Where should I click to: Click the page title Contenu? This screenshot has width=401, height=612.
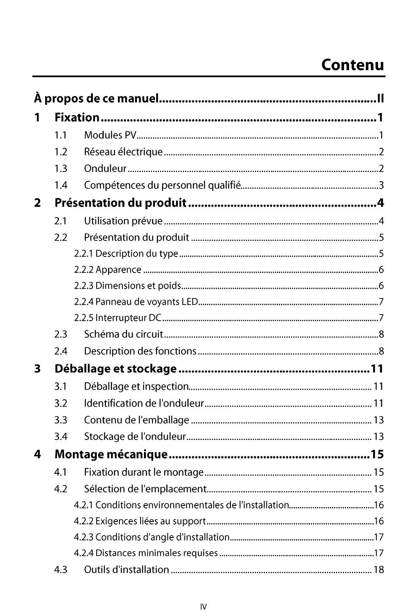pos(352,65)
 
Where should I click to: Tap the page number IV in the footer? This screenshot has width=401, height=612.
pos(203,607)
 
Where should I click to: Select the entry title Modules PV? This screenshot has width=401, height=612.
pos(110,135)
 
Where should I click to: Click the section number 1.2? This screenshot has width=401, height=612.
pos(61,152)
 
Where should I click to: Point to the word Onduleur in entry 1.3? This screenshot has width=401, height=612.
pos(105,169)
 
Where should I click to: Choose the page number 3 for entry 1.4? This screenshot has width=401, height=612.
pos(381,186)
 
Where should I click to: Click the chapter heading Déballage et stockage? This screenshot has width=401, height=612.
pos(116,369)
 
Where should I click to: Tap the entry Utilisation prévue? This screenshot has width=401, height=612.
pos(123,221)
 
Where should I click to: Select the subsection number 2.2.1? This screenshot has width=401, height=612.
pos(84,254)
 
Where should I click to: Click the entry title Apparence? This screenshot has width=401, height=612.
pos(118,270)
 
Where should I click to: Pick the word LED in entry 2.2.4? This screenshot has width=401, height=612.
pos(190,302)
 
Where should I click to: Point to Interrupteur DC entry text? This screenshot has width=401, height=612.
pos(128,318)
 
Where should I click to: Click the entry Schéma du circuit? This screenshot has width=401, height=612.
pos(123,334)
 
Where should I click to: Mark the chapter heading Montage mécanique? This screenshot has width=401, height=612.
pos(111,454)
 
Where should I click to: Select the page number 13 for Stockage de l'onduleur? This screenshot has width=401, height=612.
pos(379,437)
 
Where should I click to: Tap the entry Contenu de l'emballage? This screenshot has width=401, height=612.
pos(136,420)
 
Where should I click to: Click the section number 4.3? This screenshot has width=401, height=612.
pos(61,570)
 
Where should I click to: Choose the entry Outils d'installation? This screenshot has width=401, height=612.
pos(126,570)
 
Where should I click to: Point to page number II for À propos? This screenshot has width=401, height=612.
pos(380,99)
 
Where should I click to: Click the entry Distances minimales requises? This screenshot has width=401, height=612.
pos(157,553)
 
